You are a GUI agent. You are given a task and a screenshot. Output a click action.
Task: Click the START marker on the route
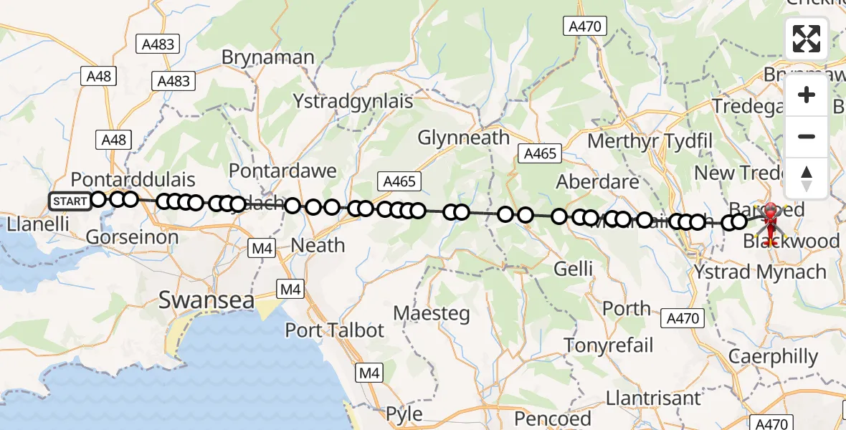pos(70,201)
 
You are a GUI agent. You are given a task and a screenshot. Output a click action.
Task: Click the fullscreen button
pos(807,39)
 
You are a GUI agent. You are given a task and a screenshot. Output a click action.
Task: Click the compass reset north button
pos(807,178)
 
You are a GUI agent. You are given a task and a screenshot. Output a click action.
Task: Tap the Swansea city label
pos(206,300)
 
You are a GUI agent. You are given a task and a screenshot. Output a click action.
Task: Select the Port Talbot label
pos(335,330)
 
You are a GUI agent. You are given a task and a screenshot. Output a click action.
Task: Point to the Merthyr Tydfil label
pos(650,140)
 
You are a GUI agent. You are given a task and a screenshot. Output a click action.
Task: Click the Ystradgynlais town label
pos(353,101)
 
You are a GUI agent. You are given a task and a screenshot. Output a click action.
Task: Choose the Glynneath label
pos(463,137)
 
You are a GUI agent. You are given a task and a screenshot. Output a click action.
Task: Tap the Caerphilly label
pos(773,356)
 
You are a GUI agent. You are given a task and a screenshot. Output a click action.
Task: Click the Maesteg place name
pos(432,313)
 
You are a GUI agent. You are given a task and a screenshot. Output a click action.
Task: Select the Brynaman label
pos(268,57)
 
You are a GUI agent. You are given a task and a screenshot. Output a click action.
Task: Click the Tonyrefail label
pos(609,345)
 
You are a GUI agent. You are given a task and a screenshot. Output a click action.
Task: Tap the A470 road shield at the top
pos(585,27)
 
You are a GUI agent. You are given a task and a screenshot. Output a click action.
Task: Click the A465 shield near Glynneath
pos(399,181)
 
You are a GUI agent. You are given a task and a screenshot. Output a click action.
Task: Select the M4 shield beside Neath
pos(261,249)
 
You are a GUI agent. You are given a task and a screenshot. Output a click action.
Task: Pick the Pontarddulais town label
pos(133,179)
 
